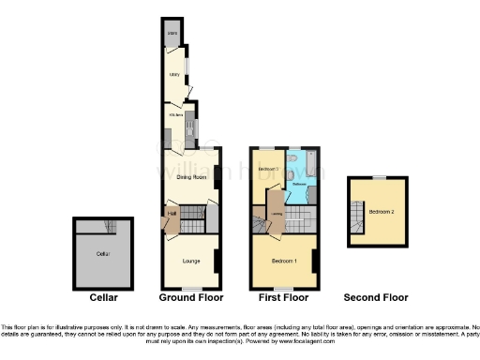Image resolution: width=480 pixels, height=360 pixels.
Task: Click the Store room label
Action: (172, 34)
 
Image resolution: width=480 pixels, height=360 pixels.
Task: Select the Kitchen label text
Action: (173, 114)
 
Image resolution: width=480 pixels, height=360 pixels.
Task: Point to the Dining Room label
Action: (192, 175)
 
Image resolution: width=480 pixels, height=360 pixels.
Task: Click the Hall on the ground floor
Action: (172, 214)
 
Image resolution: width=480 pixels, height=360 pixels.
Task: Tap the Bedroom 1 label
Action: (284, 260)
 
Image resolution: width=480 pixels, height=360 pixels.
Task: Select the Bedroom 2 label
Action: (380, 212)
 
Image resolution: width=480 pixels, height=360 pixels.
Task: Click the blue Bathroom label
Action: (300, 184)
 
